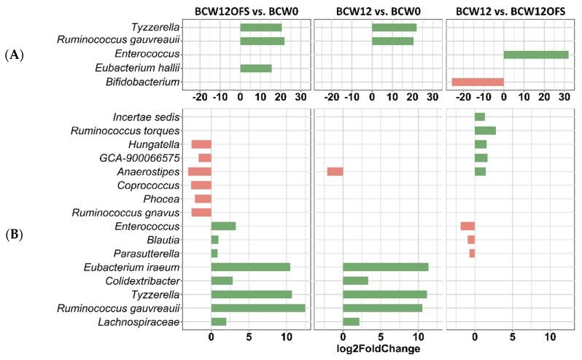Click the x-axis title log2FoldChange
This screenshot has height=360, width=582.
pos(378,349)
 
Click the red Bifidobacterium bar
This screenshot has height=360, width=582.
pos(478,82)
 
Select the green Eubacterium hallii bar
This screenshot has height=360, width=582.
pos(256,69)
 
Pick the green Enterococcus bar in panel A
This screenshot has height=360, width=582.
pos(536,55)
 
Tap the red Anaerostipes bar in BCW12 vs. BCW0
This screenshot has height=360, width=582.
pos(335,171)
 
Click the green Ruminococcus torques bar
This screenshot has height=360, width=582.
pos(485,130)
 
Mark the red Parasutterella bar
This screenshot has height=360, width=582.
pos(472,253)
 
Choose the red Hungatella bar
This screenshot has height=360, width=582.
pos(201,144)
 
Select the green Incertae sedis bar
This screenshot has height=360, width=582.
pos(480,117)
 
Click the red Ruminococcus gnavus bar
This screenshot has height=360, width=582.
pos(201,212)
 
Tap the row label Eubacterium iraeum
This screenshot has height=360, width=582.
pos(144,267)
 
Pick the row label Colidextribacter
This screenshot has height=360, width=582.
pos(147,281)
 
